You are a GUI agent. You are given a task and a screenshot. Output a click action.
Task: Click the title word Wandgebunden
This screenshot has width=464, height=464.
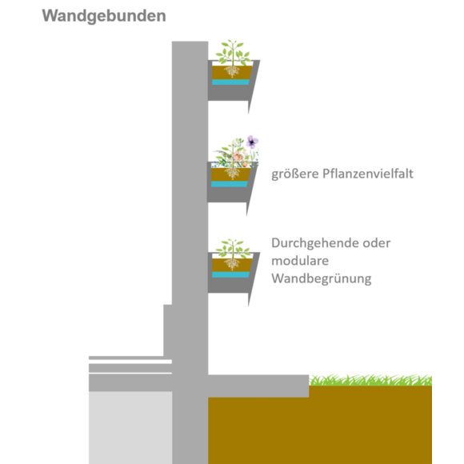pos(104,16)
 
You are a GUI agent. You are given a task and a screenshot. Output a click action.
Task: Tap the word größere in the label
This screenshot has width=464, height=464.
pos(295,174)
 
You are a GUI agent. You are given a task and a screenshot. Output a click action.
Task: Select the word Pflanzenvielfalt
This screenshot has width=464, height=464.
pos(368,174)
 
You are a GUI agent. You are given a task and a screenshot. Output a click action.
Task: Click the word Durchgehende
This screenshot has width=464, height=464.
pos(315,243)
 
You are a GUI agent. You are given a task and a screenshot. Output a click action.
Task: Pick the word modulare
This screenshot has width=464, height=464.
pos(300,261)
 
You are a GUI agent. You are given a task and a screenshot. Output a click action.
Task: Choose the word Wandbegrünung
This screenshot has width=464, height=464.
pos(322,279)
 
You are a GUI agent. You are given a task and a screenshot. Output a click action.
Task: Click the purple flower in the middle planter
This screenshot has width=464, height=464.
pos(252,142)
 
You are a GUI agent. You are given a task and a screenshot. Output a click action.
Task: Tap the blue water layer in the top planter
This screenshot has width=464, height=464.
pos(231,82)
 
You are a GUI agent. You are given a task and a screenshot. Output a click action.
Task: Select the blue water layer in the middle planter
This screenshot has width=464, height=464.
pos(230,184)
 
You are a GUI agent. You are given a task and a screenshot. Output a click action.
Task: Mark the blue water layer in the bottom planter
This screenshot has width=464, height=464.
pos(231,274)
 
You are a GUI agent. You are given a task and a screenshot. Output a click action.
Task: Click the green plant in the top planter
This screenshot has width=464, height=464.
pos(233,53)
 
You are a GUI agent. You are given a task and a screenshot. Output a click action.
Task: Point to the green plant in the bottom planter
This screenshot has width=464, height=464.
pos(233,249)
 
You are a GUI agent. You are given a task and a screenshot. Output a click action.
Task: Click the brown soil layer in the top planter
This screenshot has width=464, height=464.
pos(232,73)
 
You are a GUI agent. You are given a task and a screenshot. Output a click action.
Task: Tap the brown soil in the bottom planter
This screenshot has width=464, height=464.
pos(232,265)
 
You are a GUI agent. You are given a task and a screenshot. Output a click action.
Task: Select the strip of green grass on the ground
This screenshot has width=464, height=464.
pos(370,380)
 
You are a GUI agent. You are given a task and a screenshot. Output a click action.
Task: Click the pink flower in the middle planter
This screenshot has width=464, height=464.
pos(238,156)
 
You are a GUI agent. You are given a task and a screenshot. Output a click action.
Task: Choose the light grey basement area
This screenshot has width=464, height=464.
pos(130,428)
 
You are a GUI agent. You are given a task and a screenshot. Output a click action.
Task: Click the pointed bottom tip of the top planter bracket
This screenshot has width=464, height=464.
pos(249,113)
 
